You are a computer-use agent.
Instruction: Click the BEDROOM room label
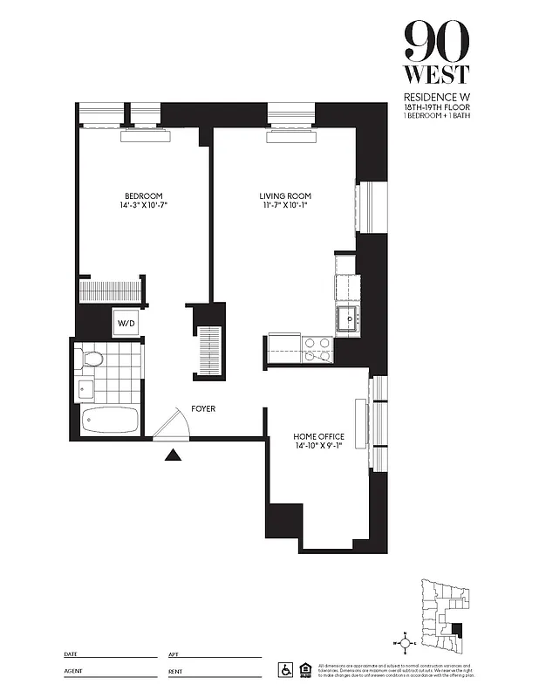coord(143,195)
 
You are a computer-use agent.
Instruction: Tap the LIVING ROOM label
coord(284,195)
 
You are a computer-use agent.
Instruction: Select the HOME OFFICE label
coord(318,436)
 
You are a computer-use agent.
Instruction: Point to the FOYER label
coord(204,408)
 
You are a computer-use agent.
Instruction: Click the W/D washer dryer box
coord(126,324)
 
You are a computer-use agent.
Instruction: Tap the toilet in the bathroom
coord(89,358)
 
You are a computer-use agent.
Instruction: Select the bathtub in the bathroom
coord(110,421)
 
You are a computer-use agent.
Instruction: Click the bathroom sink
coord(85,389)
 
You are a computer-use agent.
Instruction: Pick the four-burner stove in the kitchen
coord(317,349)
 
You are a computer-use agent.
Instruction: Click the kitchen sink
coord(348,319)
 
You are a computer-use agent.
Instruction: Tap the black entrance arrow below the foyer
coord(173,454)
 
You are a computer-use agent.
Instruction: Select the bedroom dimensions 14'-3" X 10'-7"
coord(143,206)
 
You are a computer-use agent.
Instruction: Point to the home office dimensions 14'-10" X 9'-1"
coord(318,447)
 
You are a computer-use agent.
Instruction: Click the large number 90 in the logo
coord(436,39)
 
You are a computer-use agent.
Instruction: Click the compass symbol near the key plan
coord(402,643)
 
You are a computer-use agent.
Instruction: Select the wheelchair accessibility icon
coord(285,670)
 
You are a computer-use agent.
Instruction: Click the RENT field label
coord(176,673)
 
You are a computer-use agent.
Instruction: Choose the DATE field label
coord(72,654)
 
